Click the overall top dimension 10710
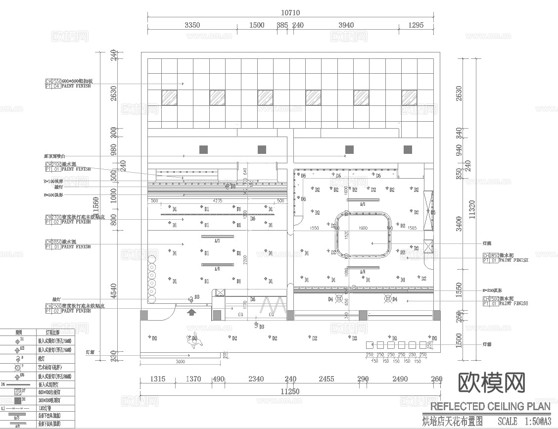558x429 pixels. click(290, 12)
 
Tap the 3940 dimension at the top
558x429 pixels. click(346, 25)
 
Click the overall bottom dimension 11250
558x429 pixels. click(290, 392)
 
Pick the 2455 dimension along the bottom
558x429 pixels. click(326, 379)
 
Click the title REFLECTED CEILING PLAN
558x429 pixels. click(490, 407)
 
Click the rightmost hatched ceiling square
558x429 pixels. click(409, 97)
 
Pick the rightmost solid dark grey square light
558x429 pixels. click(408, 149)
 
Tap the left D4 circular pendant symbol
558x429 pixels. click(339, 298)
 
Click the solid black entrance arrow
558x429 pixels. click(191, 312)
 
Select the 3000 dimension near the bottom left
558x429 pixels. click(180, 362)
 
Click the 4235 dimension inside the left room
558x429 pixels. click(217, 200)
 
